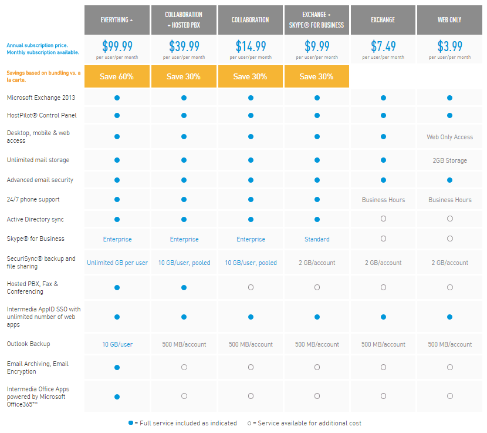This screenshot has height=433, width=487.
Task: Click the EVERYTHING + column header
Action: coord(117,20)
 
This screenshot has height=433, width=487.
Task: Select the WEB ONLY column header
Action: coord(449,20)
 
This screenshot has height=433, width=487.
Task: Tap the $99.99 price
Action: coord(117,46)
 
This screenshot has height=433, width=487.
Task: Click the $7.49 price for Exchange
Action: coord(383,46)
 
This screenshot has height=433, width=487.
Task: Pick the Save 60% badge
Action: coord(117,77)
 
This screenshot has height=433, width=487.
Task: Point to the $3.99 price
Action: coord(449,46)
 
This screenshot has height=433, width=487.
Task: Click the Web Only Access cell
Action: coord(449,137)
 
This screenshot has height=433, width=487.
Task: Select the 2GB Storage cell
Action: coord(449,160)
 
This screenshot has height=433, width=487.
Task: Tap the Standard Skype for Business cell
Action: coord(317,239)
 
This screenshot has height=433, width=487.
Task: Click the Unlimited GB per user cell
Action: coord(117,263)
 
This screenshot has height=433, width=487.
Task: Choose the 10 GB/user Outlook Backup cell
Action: coord(117,344)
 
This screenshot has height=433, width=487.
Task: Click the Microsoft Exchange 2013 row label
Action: coord(41,98)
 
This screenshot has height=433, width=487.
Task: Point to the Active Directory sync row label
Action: coord(35,219)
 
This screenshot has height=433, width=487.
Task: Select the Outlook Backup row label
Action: coord(28,344)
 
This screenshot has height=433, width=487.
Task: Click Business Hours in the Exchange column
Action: coord(383,200)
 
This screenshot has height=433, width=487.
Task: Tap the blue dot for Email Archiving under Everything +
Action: coord(117,367)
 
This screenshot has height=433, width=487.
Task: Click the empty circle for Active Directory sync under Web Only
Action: coord(449,219)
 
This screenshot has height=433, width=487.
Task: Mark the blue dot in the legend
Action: coord(131,423)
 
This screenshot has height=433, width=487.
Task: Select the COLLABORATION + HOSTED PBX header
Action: coord(184,20)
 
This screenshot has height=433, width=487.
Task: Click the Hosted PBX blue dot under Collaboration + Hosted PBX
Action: coord(184,287)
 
